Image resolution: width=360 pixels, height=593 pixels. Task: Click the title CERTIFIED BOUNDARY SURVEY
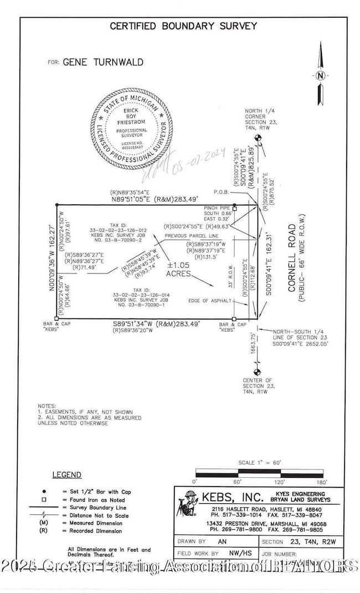(183, 25)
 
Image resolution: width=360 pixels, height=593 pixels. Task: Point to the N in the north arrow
(320, 76)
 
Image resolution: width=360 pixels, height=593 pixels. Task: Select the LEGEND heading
(66, 475)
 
